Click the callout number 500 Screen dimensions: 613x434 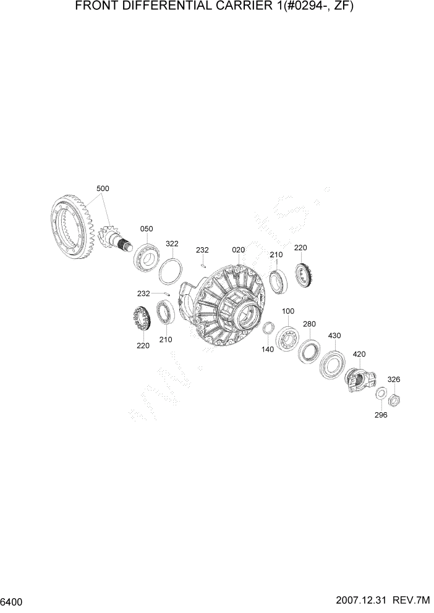pos(103,188)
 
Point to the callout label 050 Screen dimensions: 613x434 pos(146,229)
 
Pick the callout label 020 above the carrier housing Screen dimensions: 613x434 pos(239,250)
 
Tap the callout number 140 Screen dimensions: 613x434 pos(267,349)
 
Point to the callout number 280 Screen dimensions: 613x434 pos(309,324)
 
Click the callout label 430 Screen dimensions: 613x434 pos(334,336)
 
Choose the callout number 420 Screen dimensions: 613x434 pos(359,354)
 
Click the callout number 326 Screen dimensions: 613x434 pos(393,379)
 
